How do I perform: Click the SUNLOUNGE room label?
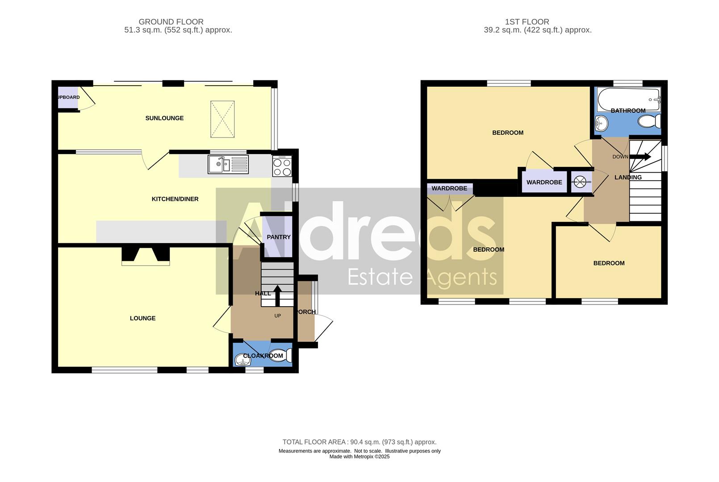tap(164, 118)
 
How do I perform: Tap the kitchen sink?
tap(228, 164)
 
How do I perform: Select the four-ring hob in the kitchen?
tap(282, 167)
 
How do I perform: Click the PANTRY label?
tap(279, 237)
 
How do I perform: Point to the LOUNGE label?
tap(143, 318)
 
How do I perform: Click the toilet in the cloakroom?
tap(281, 355)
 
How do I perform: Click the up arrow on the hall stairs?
tap(277, 295)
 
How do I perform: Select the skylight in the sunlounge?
tap(222, 119)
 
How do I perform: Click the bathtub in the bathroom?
tap(629, 98)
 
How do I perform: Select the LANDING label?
tap(628, 177)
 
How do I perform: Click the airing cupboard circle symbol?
tap(579, 182)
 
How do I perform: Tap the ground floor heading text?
tap(171, 22)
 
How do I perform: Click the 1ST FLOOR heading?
tap(527, 22)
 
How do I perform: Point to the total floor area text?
tap(359, 442)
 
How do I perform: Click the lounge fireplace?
tap(146, 256)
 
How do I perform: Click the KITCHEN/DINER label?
tap(175, 199)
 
